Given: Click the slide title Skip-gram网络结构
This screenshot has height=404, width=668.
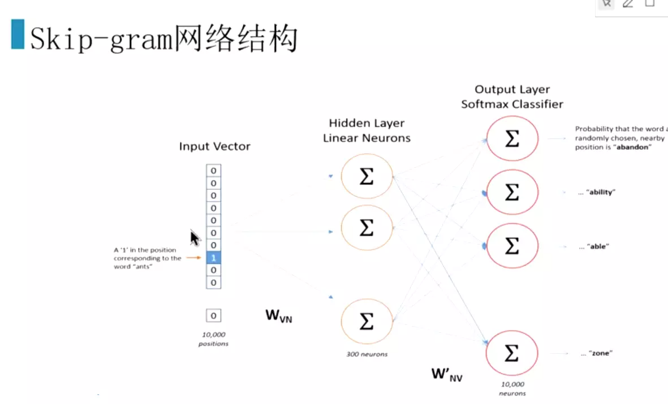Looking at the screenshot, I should click(x=163, y=39).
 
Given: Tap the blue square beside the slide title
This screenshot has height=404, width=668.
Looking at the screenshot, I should click(x=18, y=34).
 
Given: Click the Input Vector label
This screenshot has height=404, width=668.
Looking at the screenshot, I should click(x=214, y=146).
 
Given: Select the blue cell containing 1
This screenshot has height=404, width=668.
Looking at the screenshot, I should click(x=213, y=258).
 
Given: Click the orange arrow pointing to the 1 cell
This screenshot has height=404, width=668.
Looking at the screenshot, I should click(x=193, y=258).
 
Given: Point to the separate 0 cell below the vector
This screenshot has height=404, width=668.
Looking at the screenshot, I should click(x=213, y=316).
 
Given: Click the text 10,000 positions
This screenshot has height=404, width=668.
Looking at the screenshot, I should click(x=213, y=339).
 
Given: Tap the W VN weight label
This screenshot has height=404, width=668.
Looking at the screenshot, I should click(x=278, y=316).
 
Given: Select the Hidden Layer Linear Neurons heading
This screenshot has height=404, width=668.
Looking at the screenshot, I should click(x=367, y=131).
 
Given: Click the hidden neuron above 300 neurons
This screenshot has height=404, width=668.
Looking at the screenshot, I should click(x=367, y=322).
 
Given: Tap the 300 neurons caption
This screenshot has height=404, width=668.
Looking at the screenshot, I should click(x=367, y=354).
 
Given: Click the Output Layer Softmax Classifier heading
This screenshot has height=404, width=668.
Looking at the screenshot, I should click(x=512, y=97).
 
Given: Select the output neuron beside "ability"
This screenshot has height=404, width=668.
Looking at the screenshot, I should click(x=511, y=193).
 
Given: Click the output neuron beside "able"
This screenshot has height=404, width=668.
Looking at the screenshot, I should click(x=511, y=246).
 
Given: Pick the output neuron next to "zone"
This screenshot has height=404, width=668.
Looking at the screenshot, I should click(x=511, y=354).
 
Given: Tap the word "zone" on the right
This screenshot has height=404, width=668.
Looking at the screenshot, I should click(x=601, y=354).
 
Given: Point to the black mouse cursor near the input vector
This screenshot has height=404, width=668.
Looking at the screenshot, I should click(x=195, y=237).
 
